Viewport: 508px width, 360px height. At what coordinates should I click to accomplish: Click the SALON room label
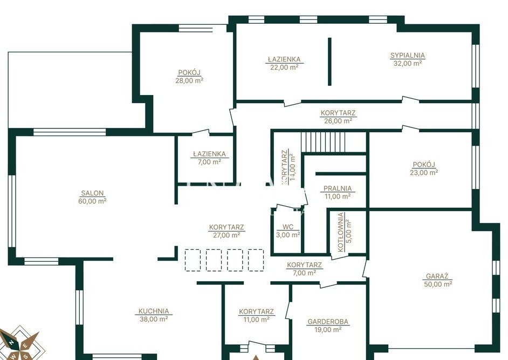tap(92, 193)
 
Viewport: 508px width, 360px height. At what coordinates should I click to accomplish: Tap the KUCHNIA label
tap(154, 311)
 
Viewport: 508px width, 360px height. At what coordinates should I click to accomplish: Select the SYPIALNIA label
tap(408, 56)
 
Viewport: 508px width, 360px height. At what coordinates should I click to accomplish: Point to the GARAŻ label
tap(437, 276)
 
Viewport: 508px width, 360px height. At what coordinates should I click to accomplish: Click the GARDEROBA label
tap(328, 322)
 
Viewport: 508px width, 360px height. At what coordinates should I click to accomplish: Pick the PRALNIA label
tap(338, 188)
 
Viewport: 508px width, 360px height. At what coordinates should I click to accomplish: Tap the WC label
tap(288, 227)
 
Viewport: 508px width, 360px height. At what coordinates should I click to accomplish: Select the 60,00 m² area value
tap(92, 201)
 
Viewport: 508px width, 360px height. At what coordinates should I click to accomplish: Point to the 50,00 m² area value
tap(438, 284)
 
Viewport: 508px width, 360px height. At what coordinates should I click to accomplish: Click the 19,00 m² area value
tap(328, 330)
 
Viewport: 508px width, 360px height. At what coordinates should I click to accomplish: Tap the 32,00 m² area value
tap(408, 64)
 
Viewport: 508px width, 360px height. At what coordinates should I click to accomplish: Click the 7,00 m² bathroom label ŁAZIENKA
tap(209, 154)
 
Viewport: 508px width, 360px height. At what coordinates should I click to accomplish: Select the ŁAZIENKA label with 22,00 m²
tap(284, 59)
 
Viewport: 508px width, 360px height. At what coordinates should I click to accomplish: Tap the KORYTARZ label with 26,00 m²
tap(338, 113)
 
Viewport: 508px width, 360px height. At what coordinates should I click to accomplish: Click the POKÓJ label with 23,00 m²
tap(424, 165)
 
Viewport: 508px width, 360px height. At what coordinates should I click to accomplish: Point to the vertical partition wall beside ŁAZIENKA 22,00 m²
tap(329, 62)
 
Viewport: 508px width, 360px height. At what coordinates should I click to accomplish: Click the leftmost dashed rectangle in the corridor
tap(193, 260)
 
